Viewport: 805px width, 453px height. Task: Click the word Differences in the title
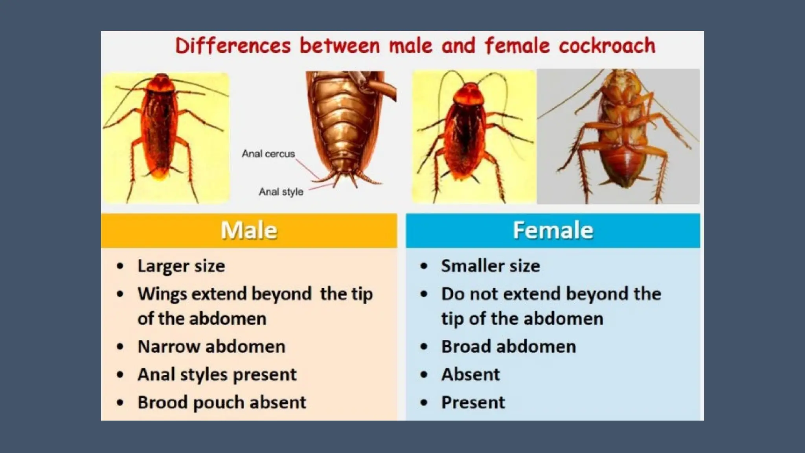point(233,46)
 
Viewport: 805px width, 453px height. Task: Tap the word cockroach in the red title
point(607,46)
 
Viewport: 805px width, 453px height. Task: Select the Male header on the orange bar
point(248,230)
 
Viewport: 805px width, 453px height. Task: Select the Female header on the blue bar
point(553,230)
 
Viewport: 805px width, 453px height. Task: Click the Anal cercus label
point(268,154)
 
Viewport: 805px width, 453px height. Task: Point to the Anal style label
point(281,192)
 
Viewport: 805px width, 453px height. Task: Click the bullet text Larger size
point(181,266)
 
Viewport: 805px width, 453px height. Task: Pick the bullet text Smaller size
point(490,266)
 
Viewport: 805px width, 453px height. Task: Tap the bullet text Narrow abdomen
point(211,347)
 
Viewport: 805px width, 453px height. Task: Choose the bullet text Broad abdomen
point(508,347)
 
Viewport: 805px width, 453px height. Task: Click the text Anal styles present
point(217,375)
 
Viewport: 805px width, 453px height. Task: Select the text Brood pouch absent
point(221,403)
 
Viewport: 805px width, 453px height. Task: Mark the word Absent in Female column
point(471,375)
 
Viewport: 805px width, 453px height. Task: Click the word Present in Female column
point(473,403)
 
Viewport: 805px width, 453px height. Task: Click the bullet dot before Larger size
point(120,266)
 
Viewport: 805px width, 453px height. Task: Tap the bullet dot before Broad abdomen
point(424,347)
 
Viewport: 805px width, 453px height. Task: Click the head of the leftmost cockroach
point(162,83)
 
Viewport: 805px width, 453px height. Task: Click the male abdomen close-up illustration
point(346,126)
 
